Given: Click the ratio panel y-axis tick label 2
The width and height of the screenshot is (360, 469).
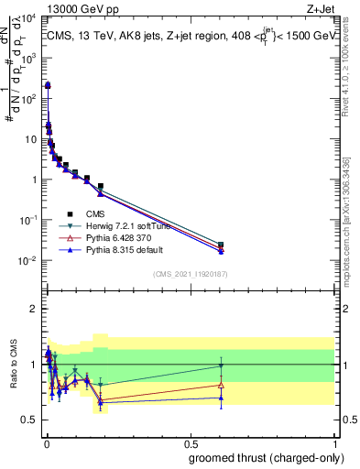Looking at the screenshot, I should pyautogui.click(x=34, y=309).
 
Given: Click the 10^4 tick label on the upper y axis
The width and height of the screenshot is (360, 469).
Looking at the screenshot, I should pyautogui.click(x=29, y=19).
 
